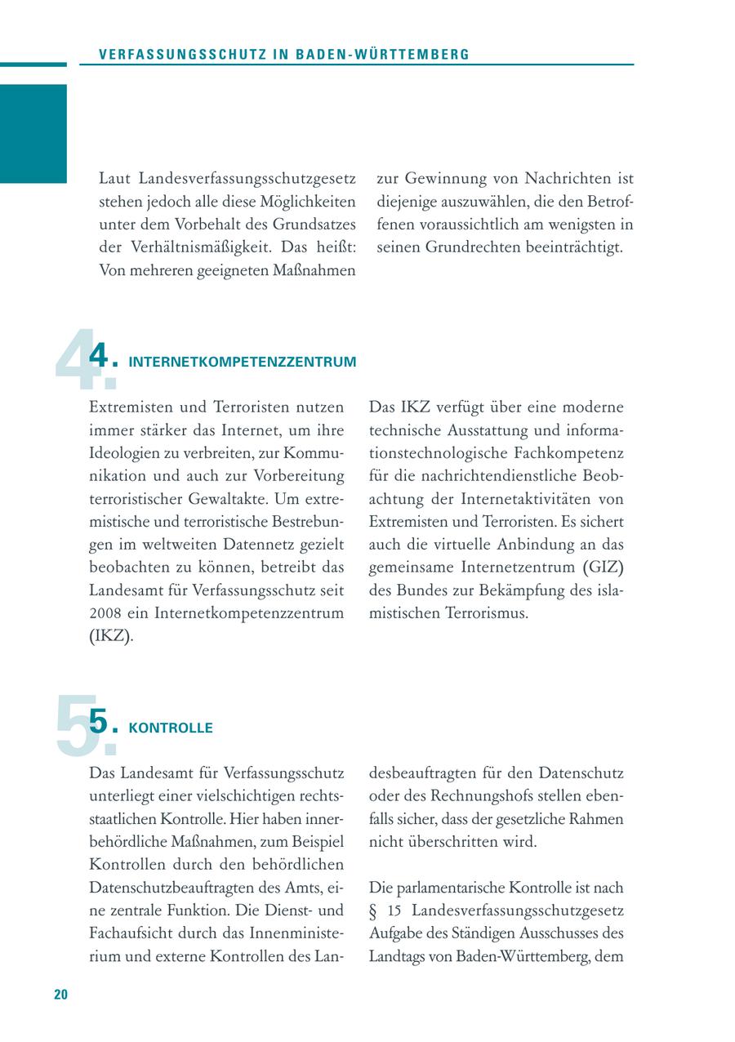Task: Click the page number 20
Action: point(60,994)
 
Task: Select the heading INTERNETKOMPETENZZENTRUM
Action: point(243,362)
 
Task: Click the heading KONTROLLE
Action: point(171,728)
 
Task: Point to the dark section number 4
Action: point(99,357)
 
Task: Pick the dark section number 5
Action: point(99,723)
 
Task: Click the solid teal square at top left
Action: point(33,133)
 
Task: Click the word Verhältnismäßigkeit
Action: point(197,247)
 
